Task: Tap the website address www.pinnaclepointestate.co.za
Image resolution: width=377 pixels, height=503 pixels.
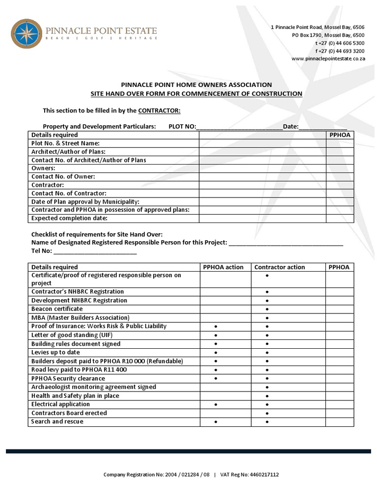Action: point(328,58)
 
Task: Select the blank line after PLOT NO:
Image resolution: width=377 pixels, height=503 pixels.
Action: point(239,127)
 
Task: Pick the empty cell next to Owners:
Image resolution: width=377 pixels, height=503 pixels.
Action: point(262,168)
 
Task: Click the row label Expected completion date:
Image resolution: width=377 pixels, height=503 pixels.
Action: point(69,218)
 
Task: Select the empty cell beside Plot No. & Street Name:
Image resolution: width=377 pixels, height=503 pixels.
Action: point(262,143)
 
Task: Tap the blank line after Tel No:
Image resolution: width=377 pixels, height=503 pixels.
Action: point(95,252)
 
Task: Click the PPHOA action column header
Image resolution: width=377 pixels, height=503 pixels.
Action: point(223,267)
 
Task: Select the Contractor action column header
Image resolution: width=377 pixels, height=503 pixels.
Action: point(279,267)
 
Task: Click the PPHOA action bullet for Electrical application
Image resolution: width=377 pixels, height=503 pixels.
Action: point(216,405)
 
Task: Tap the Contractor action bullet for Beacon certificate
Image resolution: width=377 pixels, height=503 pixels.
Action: point(267,309)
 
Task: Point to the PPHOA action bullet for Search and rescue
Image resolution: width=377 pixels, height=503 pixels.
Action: point(216,422)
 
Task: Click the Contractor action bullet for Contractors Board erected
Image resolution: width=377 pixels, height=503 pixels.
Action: point(267,413)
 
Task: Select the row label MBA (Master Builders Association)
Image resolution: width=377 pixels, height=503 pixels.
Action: point(80,318)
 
